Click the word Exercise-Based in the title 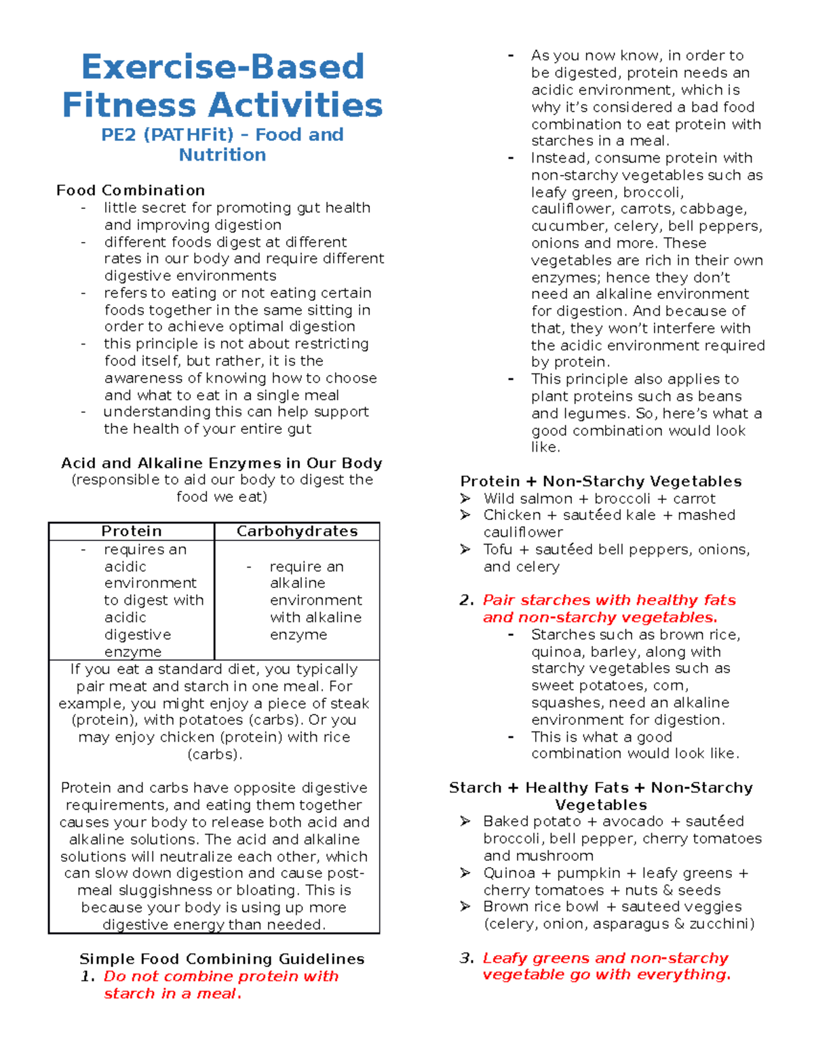[x=222, y=67]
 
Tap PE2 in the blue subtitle [x=119, y=135]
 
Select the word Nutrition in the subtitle [x=222, y=155]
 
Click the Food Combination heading [x=130, y=191]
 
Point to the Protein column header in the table [x=132, y=532]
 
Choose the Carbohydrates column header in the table [x=297, y=532]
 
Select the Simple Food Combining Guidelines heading [x=222, y=959]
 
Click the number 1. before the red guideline [x=88, y=976]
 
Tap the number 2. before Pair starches [x=466, y=600]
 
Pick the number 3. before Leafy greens [x=466, y=958]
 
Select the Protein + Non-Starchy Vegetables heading [x=600, y=481]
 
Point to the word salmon [x=546, y=498]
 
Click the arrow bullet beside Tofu [x=465, y=549]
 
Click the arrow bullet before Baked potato [x=465, y=822]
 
